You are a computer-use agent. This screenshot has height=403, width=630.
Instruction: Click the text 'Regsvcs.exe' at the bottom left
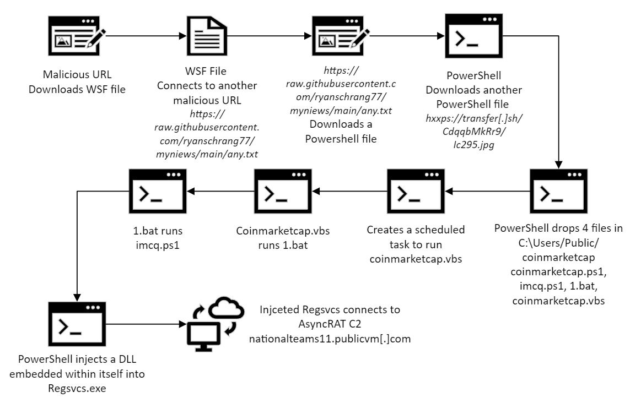[77, 387]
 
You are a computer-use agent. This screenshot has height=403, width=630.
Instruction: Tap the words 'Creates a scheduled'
[416, 229]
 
